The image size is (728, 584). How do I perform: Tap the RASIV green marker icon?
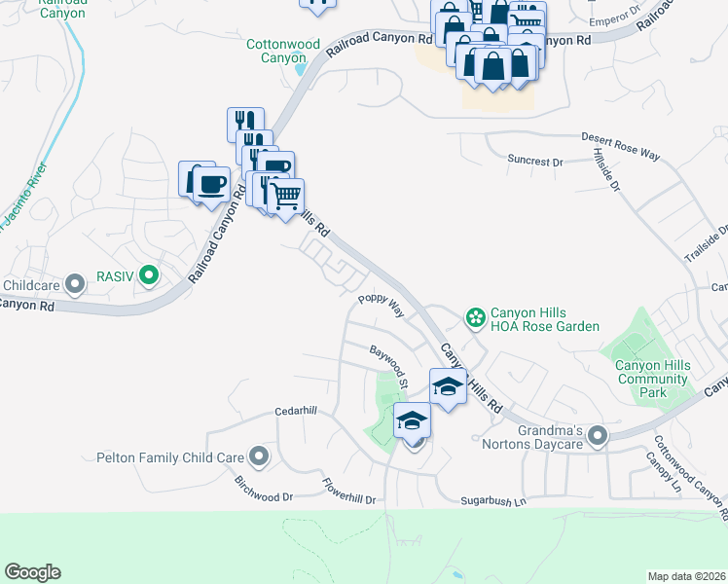click(148, 277)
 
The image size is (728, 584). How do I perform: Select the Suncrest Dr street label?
click(535, 160)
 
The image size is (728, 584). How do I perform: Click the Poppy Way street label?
click(381, 304)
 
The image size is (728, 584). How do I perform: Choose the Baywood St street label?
click(386, 359)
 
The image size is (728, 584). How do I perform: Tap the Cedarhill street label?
click(297, 411)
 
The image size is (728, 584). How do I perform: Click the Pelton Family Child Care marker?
click(258, 456)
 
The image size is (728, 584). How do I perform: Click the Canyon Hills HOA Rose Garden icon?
click(475, 316)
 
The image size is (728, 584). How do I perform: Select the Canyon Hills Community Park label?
click(653, 379)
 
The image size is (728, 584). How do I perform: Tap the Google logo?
click(32, 572)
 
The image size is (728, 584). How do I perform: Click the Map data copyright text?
click(686, 576)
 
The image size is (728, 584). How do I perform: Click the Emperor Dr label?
click(610, 20)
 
